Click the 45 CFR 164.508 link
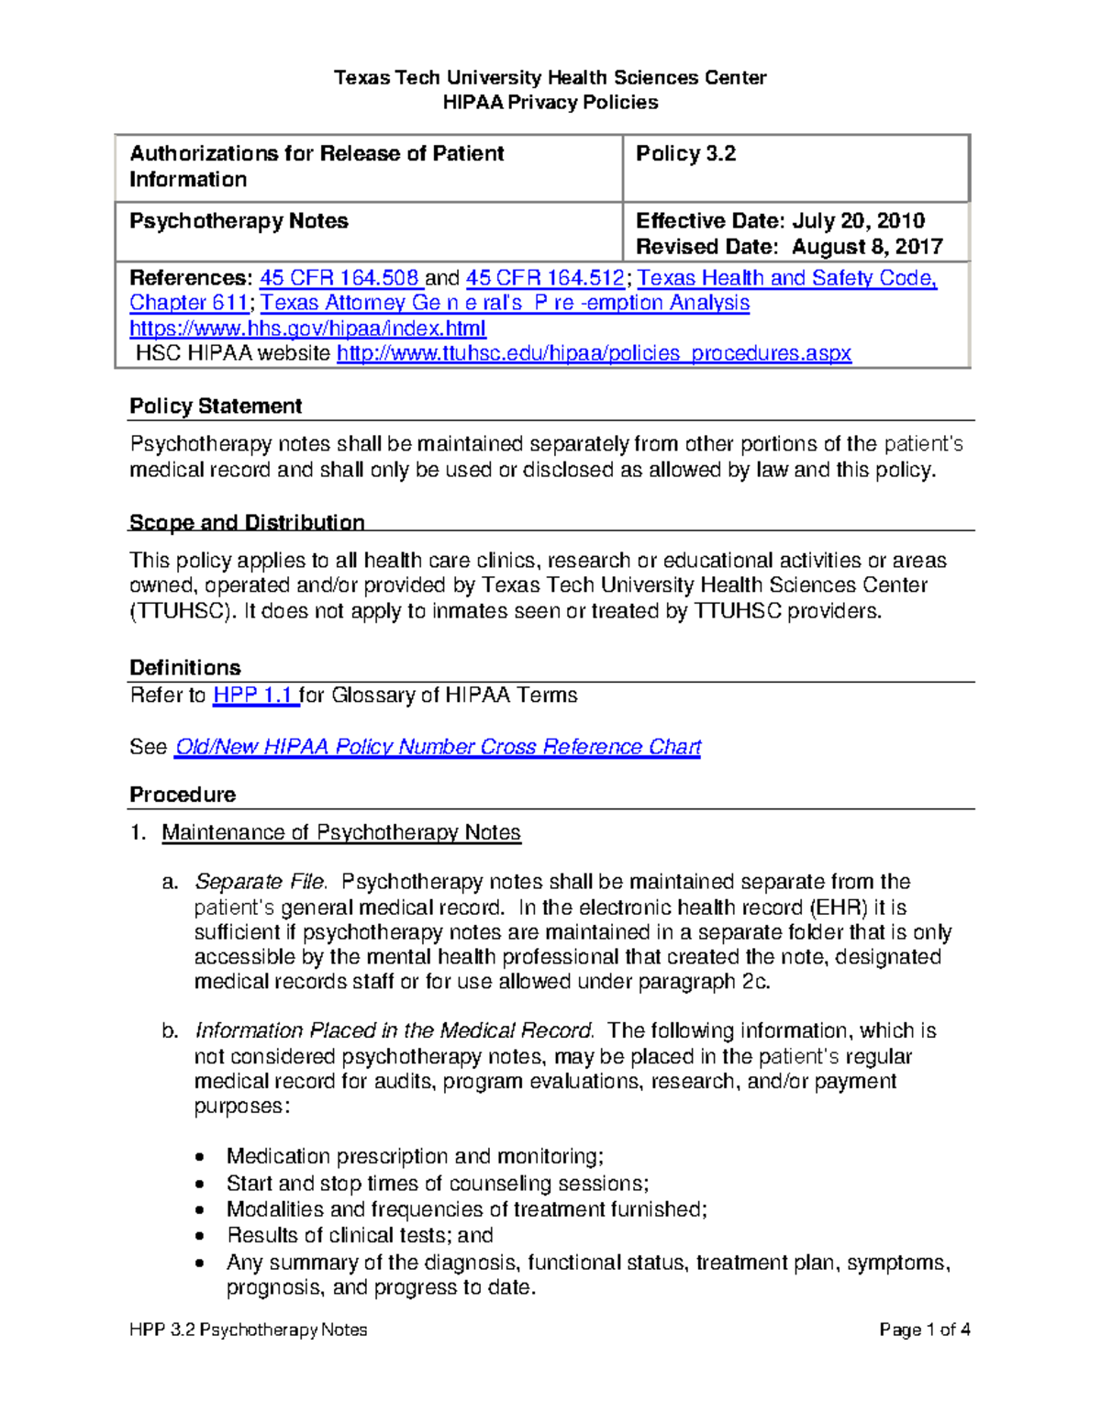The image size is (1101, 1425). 339,278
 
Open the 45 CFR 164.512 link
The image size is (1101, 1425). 545,278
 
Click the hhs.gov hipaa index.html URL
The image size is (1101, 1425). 307,328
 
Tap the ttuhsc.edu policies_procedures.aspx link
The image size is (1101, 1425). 594,353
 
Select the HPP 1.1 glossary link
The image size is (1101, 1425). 254,696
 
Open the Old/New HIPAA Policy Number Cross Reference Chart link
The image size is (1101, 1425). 438,747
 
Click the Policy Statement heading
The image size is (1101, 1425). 216,406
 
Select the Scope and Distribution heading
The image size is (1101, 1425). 247,523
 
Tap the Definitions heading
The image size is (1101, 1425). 184,668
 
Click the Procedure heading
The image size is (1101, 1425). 183,795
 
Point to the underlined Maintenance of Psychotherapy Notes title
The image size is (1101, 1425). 341,832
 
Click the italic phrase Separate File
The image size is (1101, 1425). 261,882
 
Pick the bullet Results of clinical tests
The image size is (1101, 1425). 360,1235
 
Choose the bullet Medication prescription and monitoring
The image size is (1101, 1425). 415,1156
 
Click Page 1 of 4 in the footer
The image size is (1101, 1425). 924,1330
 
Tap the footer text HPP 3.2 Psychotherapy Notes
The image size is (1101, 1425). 248,1330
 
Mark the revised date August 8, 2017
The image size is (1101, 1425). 867,247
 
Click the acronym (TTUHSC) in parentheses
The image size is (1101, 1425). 183,611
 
